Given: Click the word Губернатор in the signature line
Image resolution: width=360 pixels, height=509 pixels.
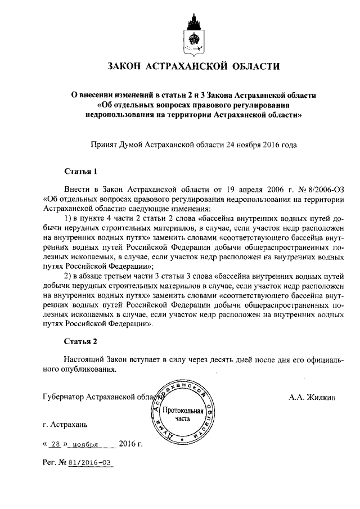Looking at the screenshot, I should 64,397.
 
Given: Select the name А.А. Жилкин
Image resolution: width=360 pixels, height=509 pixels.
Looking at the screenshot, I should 312,397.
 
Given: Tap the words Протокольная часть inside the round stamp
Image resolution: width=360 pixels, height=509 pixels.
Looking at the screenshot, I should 183,414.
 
